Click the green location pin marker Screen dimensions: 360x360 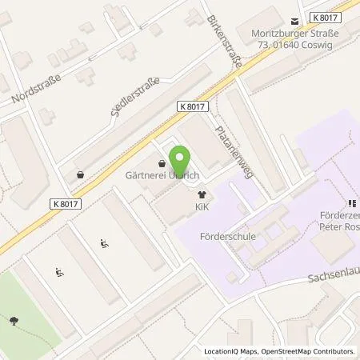pos(180,161)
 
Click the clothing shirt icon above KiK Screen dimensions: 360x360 pos(202,194)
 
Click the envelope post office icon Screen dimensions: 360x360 pos(295,21)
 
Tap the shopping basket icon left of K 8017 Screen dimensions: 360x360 pos(79,174)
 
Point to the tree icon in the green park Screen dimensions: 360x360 pos(15,322)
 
